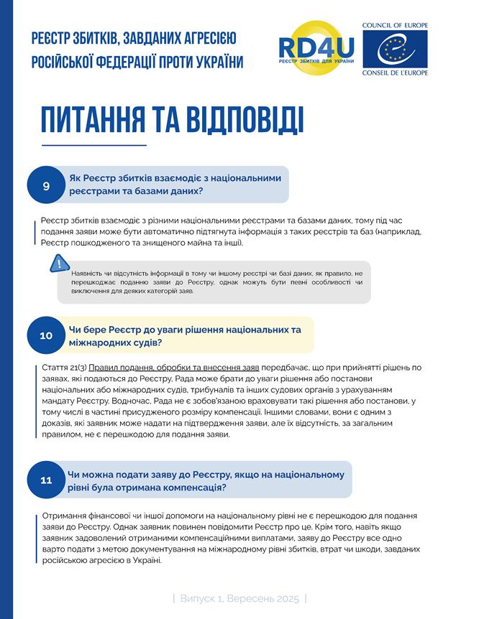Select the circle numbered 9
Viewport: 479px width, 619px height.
coord(46,186)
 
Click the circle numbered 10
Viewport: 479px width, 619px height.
coord(46,335)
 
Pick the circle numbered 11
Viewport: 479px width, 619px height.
coord(46,480)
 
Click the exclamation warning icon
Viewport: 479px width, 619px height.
coord(58,264)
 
